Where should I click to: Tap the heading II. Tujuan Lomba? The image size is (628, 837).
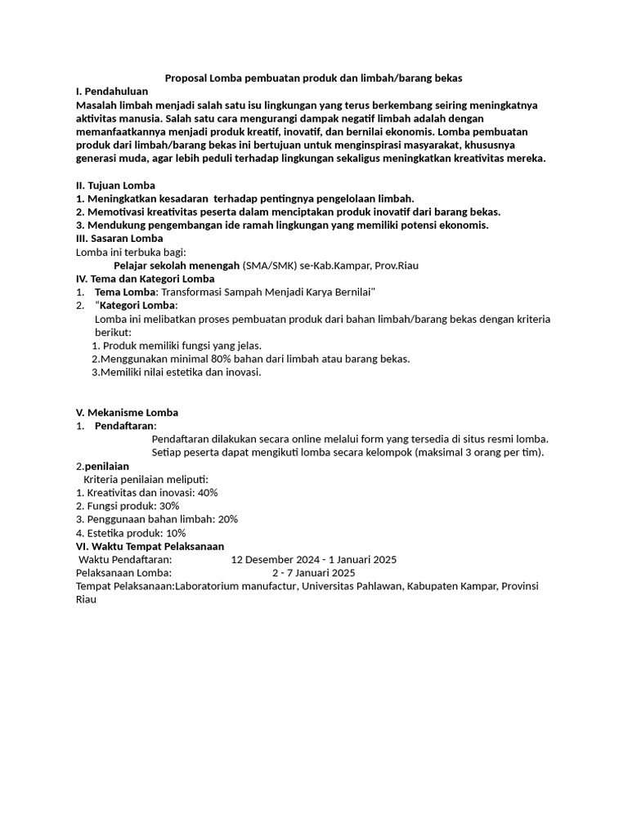pyautogui.click(x=115, y=185)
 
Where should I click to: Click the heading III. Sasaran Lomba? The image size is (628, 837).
pyautogui.click(x=119, y=238)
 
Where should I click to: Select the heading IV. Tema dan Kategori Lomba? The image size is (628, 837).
pyautogui.click(x=145, y=278)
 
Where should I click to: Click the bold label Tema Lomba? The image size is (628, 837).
pyautogui.click(x=127, y=292)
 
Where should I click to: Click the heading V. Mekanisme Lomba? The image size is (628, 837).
pyautogui.click(x=127, y=412)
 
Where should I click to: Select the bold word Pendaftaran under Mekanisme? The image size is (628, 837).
pyautogui.click(x=124, y=426)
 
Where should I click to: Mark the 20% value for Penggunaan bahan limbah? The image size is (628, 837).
pyautogui.click(x=227, y=519)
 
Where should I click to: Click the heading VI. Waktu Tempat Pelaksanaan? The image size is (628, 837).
pyautogui.click(x=150, y=546)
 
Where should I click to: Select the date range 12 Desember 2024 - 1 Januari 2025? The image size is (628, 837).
pyautogui.click(x=314, y=559)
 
